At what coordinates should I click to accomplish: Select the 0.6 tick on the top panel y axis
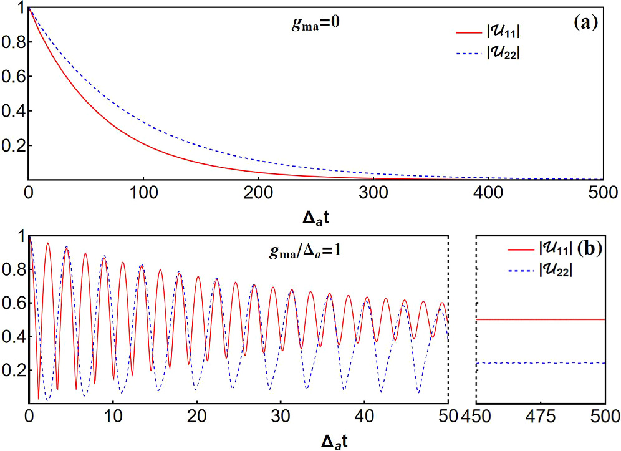pos(12,77)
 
